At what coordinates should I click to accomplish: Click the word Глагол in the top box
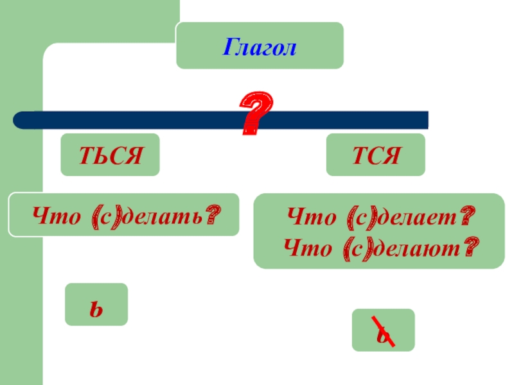260,46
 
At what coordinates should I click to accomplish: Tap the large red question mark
256,113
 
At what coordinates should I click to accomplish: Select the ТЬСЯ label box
110,155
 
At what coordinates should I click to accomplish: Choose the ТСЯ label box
375,155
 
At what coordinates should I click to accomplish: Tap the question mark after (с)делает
468,214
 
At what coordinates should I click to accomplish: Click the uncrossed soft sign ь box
96,304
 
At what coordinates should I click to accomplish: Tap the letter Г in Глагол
229,47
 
